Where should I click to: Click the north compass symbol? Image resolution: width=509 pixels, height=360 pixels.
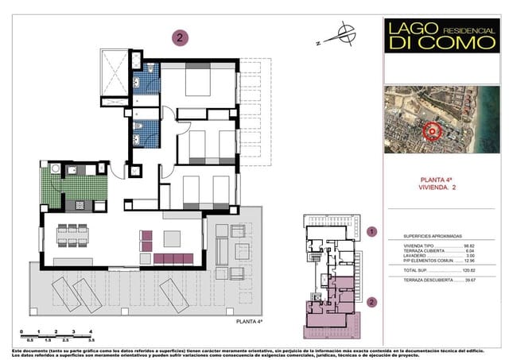[344, 34]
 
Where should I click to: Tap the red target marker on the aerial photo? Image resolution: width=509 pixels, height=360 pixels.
[433, 131]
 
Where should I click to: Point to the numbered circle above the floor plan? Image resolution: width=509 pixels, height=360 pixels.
[181, 37]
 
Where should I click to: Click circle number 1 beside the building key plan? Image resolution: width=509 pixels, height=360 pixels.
[371, 232]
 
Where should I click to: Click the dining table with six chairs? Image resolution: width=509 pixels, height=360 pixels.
[72, 234]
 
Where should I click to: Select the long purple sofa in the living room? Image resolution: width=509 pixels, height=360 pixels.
[173, 258]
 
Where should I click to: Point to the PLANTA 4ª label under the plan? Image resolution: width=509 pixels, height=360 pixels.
[249, 322]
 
